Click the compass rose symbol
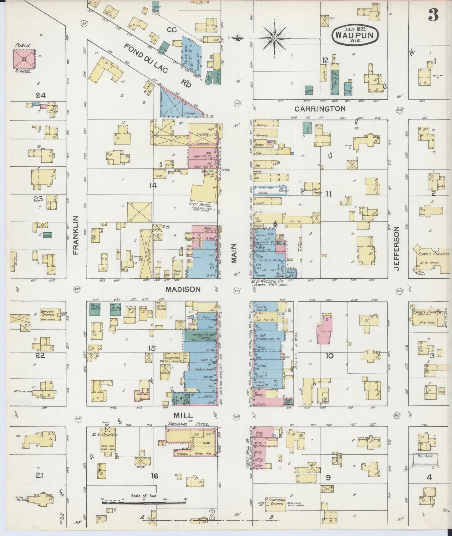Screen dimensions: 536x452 (x=274, y=38)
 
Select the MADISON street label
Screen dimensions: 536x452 (x=183, y=290)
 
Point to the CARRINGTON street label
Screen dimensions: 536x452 (x=320, y=109)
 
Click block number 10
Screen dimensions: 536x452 (x=329, y=356)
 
